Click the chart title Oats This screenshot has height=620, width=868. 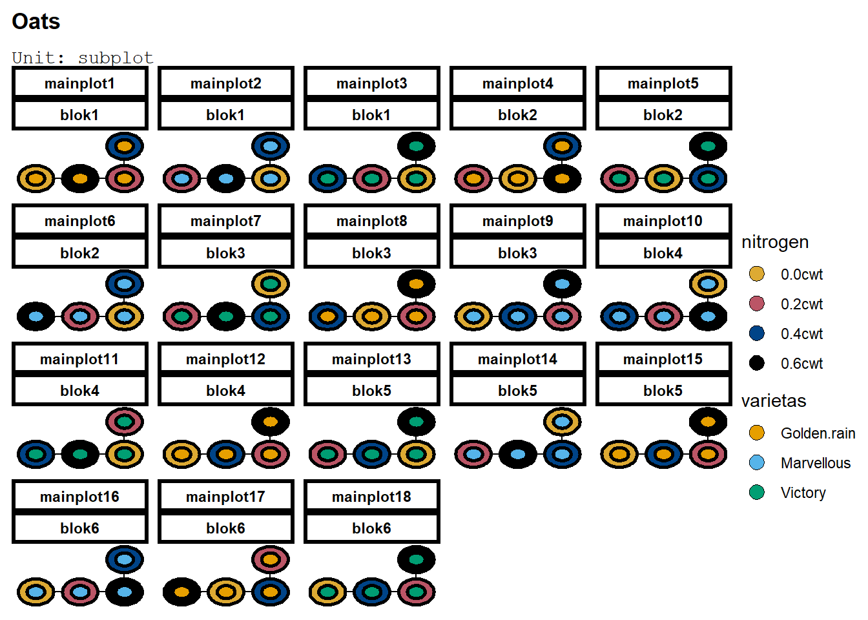pos(36,21)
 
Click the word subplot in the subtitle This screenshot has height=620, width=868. pos(116,57)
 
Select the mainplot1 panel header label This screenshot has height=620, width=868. pos(79,83)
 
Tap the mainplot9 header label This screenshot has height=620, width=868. pos(517,221)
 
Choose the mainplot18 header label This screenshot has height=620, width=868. pos(371,497)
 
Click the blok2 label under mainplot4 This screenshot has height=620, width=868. pos(517,115)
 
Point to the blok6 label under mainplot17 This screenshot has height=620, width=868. pos(225,528)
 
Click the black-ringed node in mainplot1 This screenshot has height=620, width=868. pos(80,179)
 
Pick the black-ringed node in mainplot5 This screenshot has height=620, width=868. pos(708,146)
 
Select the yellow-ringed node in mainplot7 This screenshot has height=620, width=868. pos(271,284)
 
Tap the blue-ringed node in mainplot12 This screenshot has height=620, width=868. pos(226,455)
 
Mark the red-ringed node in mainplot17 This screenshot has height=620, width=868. pos(271,559)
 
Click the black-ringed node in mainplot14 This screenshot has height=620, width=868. pos(518,455)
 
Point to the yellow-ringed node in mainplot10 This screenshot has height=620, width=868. pos(708,284)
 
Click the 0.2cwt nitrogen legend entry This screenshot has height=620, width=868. pos(801,304)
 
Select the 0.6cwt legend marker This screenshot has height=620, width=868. pos(757,363)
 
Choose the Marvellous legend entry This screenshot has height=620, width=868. pos(815,463)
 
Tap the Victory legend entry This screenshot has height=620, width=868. pos(803,493)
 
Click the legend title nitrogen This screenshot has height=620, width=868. pos(775,242)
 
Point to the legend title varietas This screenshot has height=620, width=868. pos(774,401)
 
